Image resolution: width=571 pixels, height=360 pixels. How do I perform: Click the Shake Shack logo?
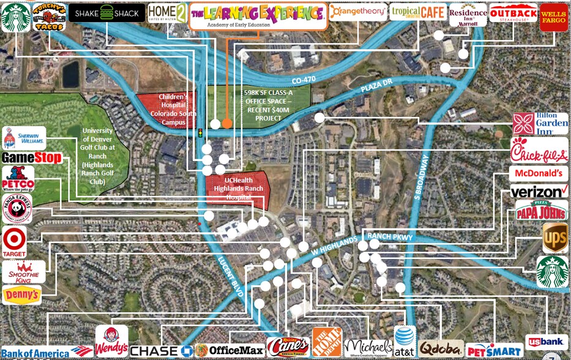(106, 13)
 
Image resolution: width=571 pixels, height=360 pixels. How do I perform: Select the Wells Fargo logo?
(554, 17)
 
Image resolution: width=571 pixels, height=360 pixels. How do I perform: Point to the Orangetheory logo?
(357, 12)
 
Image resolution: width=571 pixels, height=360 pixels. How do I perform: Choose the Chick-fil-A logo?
(539, 151)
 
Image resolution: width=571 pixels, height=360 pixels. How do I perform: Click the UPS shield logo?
(554, 238)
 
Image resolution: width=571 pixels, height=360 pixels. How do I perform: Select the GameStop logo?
(32, 158)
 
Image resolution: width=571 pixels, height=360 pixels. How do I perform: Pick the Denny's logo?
(22, 295)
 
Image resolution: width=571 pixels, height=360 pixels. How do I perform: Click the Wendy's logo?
(112, 341)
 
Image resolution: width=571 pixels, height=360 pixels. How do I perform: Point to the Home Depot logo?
(327, 342)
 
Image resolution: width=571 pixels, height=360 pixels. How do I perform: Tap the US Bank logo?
(547, 342)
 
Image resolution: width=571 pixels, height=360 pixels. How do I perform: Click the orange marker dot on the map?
(227, 124)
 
